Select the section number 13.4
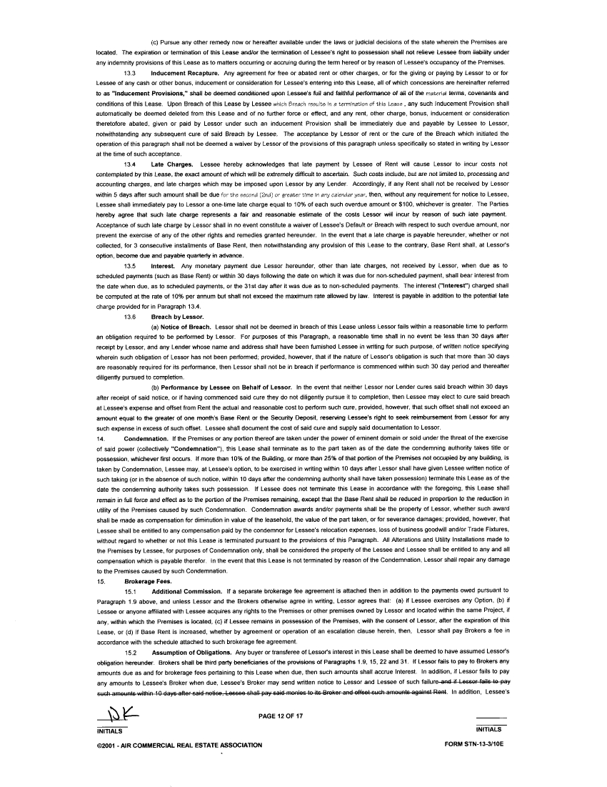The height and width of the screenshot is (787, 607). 131,164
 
